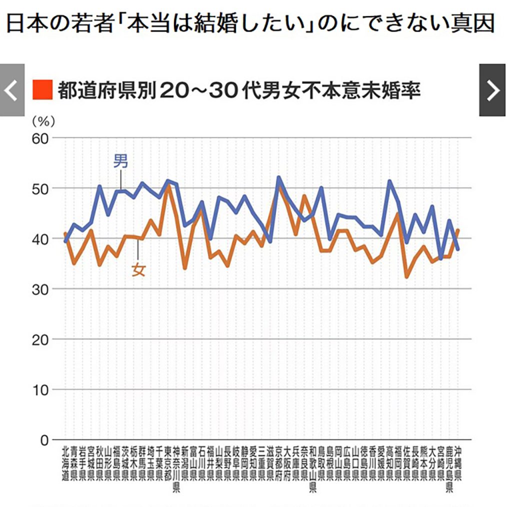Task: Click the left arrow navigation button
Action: coord(12,90)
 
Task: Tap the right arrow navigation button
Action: coord(492,90)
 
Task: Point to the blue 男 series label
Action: coord(120,161)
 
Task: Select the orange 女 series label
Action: coord(138,270)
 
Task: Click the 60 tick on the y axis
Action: coord(39,138)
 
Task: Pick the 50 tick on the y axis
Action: coord(39,188)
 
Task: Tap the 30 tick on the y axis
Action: coord(39,289)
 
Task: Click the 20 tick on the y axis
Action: coord(39,339)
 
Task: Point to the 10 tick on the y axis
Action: coord(39,389)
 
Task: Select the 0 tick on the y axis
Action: coord(44,440)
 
